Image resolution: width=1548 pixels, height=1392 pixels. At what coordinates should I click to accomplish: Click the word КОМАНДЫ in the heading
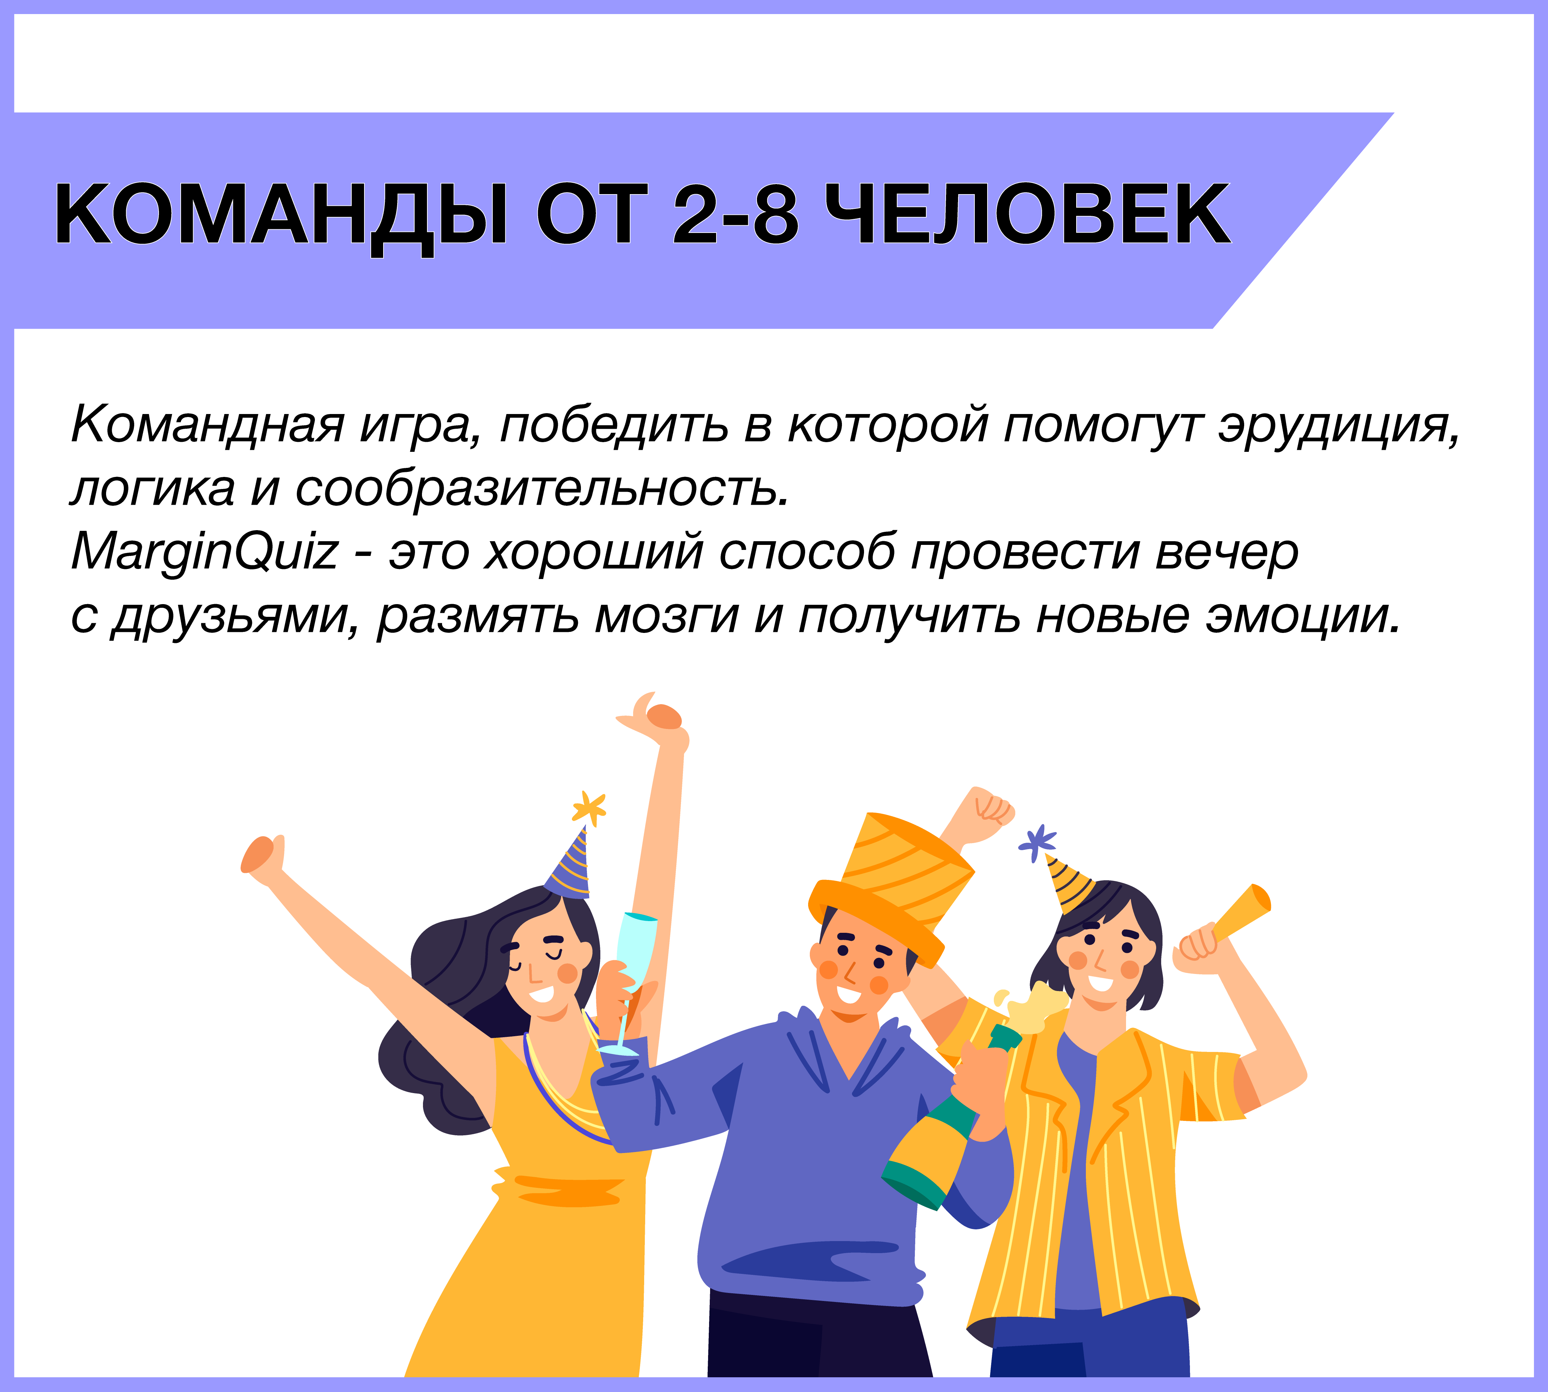pyautogui.click(x=281, y=217)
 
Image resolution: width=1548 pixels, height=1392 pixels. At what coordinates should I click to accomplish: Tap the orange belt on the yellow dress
pyautogui.click(x=566, y=1187)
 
